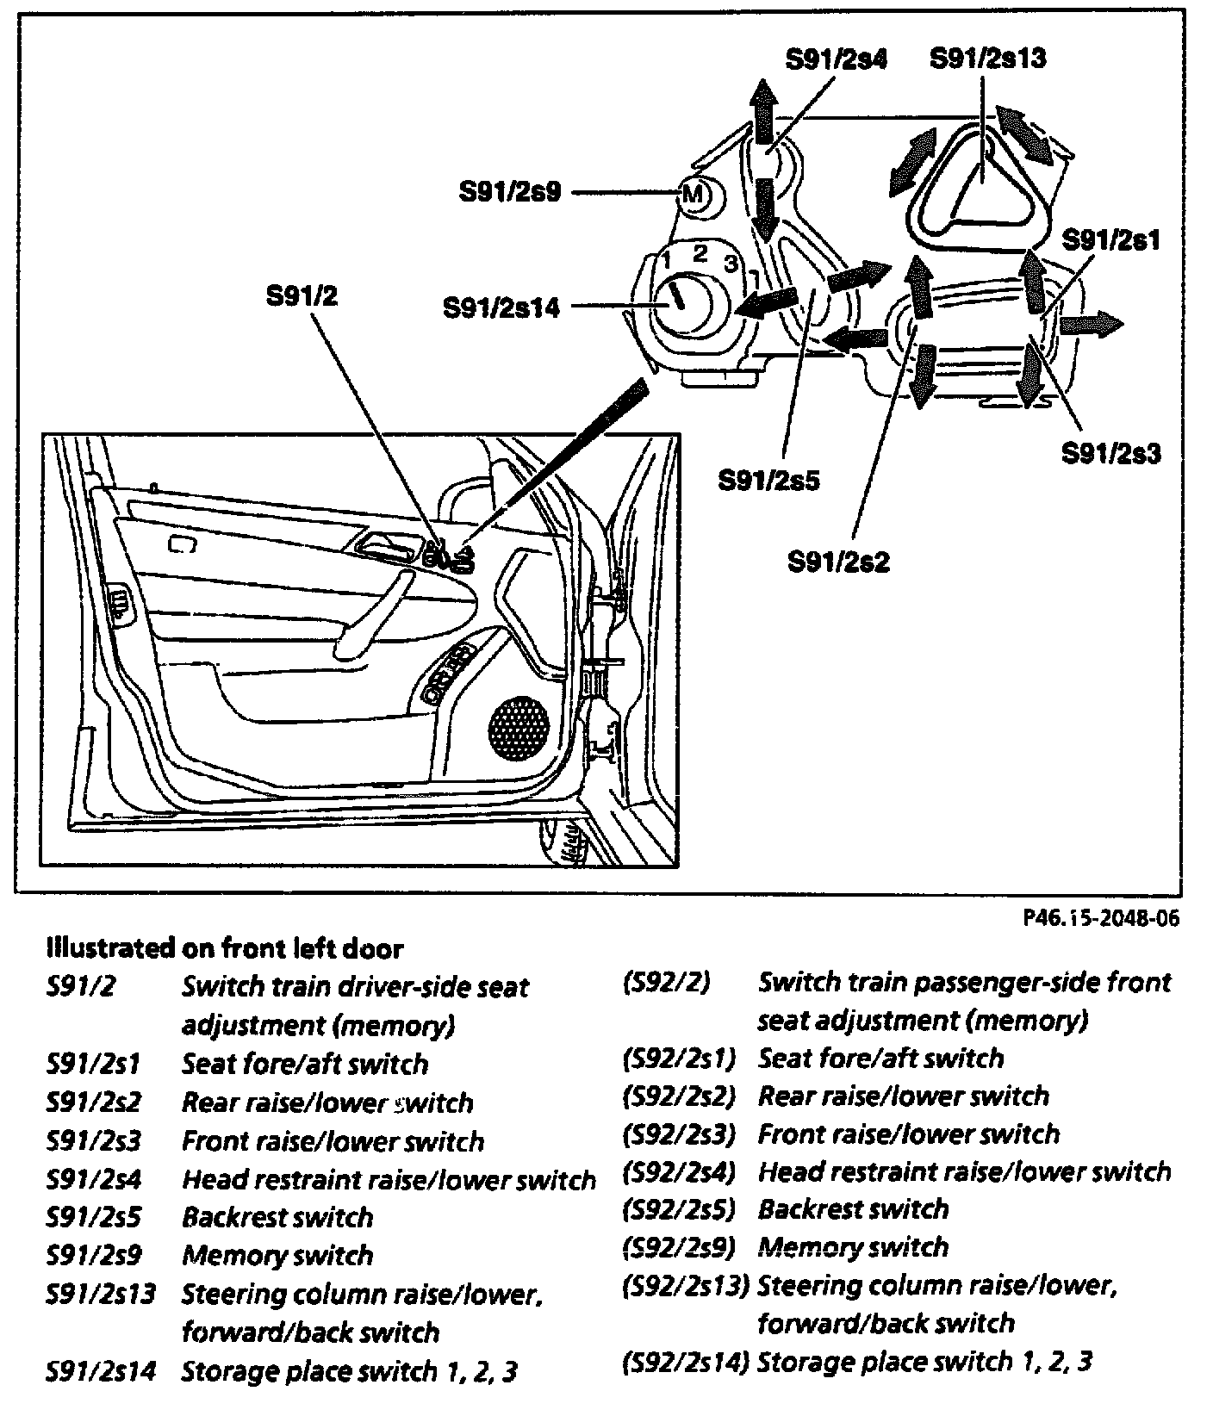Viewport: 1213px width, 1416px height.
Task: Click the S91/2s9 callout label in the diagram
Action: (x=510, y=191)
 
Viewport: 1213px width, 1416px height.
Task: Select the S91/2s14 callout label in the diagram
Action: (x=501, y=307)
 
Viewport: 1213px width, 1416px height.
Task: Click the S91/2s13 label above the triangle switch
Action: (x=987, y=59)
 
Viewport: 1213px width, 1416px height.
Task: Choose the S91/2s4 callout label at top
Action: (x=836, y=59)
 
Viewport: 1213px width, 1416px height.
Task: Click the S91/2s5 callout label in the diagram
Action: (x=769, y=480)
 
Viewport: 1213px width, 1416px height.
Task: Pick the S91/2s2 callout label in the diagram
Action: (x=838, y=562)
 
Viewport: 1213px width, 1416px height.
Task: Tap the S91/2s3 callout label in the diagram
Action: (x=1110, y=452)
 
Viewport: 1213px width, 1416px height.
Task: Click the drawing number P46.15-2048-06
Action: (x=1100, y=918)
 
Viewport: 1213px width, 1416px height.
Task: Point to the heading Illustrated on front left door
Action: (x=224, y=948)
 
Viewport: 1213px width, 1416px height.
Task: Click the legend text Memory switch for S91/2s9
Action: (x=277, y=1255)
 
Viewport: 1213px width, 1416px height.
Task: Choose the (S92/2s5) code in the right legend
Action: (x=677, y=1209)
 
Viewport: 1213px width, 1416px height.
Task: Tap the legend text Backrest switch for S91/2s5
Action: (x=277, y=1217)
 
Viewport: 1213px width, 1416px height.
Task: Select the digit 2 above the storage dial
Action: (x=700, y=253)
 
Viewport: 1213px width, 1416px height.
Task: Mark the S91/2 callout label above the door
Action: (x=302, y=296)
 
